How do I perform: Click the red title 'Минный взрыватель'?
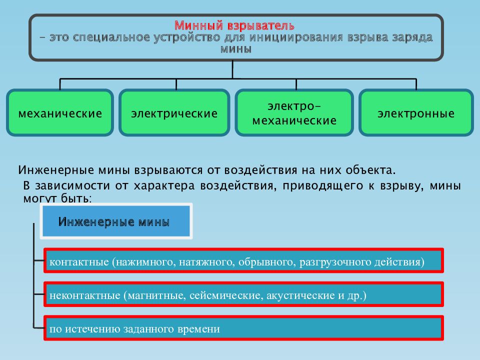click(x=234, y=25)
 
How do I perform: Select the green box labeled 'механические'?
click(x=60, y=112)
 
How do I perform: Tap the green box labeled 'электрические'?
click(x=174, y=112)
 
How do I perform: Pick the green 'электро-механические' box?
click(x=294, y=112)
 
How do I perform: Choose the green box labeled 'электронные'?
click(x=416, y=112)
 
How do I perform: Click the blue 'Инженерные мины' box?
click(x=116, y=221)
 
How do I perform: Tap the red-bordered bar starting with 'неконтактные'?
click(x=243, y=294)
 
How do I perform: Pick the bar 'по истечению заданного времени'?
click(x=243, y=328)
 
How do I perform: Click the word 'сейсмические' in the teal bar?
click(x=226, y=295)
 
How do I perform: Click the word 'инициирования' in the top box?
click(x=296, y=37)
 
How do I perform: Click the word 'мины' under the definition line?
click(x=236, y=49)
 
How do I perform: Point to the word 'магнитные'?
click(x=156, y=295)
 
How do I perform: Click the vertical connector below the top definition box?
click(x=232, y=69)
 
